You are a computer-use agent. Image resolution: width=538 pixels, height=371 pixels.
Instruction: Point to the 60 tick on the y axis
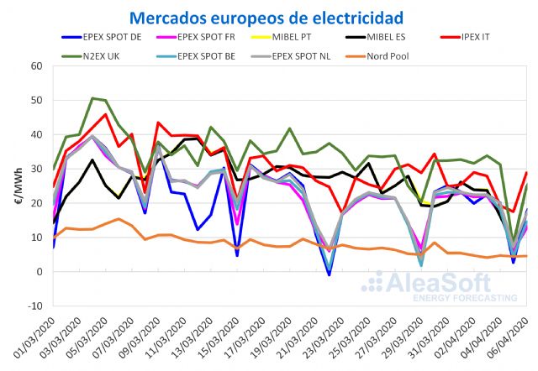[36, 66]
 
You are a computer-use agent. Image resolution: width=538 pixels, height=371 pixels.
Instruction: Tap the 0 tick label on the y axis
[39, 272]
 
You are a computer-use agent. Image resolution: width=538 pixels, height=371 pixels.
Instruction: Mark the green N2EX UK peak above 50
[92, 98]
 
